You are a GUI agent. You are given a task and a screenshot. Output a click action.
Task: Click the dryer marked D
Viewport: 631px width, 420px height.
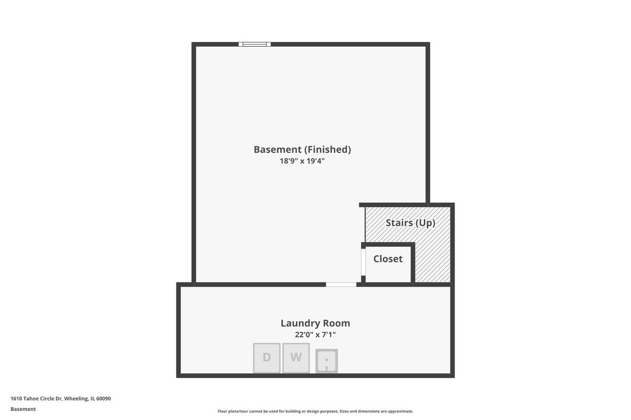[267, 358]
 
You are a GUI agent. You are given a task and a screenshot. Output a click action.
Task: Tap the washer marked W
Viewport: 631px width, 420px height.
[296, 358]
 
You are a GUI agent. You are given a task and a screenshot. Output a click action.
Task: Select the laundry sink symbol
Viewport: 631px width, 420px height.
[327, 361]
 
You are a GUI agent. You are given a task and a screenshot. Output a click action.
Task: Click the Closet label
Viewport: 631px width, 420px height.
[388, 259]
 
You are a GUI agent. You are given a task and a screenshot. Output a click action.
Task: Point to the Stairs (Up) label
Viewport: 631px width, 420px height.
[411, 223]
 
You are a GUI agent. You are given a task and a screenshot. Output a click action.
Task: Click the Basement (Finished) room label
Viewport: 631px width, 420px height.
[302, 150]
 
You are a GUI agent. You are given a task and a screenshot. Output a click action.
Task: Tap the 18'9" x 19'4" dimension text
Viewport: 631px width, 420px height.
[302, 161]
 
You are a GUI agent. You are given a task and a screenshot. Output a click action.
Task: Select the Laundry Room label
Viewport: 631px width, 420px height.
[315, 323]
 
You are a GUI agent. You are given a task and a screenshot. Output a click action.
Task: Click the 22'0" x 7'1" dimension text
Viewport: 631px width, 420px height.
[315, 335]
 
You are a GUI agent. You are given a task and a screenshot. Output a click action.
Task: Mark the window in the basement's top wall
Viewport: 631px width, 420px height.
[255, 44]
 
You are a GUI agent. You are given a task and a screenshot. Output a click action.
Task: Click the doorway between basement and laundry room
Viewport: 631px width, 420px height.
[341, 285]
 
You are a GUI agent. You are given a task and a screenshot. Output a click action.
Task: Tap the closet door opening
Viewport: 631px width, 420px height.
[363, 262]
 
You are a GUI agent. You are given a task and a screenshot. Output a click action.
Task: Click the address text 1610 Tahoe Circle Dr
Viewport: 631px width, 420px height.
[36, 398]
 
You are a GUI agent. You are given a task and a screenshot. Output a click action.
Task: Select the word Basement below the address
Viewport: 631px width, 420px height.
[23, 409]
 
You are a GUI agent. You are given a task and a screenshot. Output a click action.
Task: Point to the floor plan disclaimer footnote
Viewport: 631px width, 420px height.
[315, 411]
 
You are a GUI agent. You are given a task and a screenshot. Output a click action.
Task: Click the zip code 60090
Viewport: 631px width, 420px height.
[104, 398]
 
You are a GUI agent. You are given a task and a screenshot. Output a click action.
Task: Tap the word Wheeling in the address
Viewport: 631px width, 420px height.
[76, 398]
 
